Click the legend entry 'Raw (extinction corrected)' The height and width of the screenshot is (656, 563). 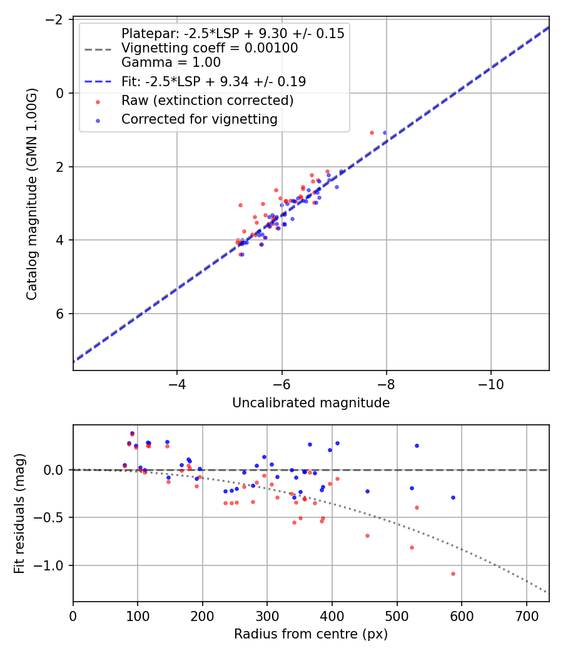pyautogui.click(x=207, y=101)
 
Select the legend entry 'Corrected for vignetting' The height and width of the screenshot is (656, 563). pyautogui.click(x=200, y=119)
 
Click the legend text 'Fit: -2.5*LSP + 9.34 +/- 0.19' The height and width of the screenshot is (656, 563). pyautogui.click(x=213, y=81)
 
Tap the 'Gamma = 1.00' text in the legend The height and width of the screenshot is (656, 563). pyautogui.click(x=171, y=62)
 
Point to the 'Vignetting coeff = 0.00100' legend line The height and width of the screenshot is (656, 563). pyautogui.click(x=210, y=48)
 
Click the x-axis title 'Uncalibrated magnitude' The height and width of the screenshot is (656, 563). pyautogui.click(x=311, y=403)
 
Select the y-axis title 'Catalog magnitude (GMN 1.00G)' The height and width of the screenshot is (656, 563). pyautogui.click(x=32, y=194)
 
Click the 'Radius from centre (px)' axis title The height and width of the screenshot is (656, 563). pyautogui.click(x=311, y=634)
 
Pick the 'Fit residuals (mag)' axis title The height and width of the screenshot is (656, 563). pyautogui.click(x=19, y=513)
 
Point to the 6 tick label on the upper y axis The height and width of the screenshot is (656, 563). pyautogui.click(x=61, y=314)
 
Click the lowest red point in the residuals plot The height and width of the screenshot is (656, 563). pyautogui.click(x=453, y=574)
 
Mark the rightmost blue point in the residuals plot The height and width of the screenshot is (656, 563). pyautogui.click(x=453, y=497)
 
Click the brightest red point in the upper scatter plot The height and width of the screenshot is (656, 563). pyautogui.click(x=372, y=132)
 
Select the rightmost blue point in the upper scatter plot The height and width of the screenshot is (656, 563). pyautogui.click(x=385, y=132)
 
